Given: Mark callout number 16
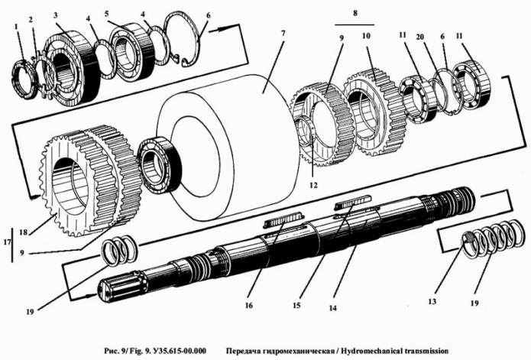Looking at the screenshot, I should [248, 305].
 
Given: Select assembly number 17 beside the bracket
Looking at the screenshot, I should [6, 243].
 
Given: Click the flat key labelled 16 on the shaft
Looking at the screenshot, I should [285, 221].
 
